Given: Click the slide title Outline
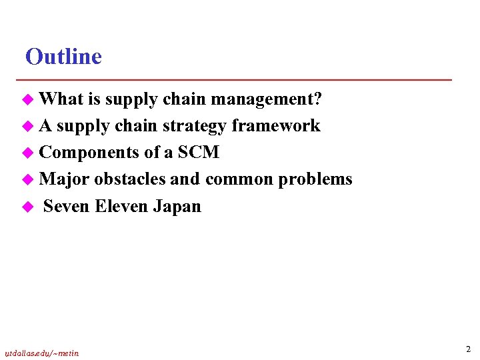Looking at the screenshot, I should [63, 57].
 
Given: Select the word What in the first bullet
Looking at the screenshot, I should [61, 99].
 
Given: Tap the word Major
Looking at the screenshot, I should [65, 179].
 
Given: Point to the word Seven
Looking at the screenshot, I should [67, 206].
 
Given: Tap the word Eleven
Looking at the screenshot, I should [122, 206].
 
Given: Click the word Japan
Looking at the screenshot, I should [177, 206].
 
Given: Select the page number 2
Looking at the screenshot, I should [468, 349].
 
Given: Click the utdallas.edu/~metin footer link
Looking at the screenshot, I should [42, 353].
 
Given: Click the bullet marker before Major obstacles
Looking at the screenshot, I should [28, 180].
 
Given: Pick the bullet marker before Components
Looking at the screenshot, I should [28, 153].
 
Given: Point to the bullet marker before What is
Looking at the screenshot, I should [28, 100].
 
